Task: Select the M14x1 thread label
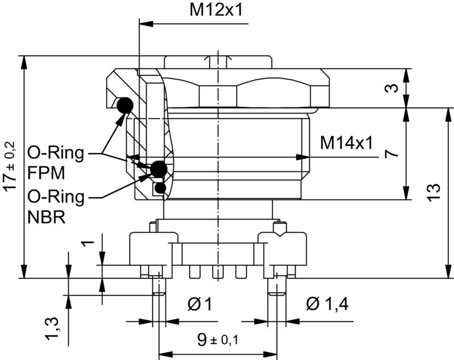[x=346, y=143]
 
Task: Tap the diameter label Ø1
[x=199, y=304]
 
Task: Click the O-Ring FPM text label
[x=55, y=162]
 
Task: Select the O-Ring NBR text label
[x=55, y=207]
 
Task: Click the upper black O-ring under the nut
[x=124, y=105]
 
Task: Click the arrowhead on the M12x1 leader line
[x=144, y=24]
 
